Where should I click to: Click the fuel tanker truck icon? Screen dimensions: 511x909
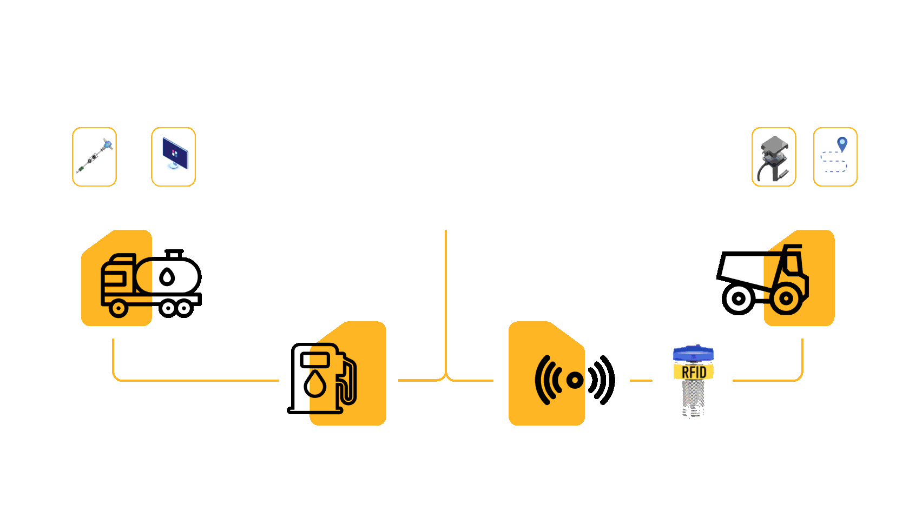pos(151,283)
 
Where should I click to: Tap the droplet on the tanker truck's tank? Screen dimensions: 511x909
pos(167,277)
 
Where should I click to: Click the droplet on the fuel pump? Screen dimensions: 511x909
pos(315,383)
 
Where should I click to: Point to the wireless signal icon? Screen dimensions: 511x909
pos(574,380)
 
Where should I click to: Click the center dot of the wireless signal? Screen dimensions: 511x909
pos(575,380)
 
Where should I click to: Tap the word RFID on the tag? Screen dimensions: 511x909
pos(694,372)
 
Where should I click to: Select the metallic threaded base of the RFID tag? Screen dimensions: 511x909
pos(694,399)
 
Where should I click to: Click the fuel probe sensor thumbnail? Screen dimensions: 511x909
pos(95,157)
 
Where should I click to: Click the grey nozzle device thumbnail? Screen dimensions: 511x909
pos(774,157)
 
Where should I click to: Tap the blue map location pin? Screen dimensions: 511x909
pos(842,144)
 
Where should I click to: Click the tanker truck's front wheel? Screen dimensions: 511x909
pos(118,309)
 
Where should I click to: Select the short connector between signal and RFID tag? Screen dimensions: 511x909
pos(641,380)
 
